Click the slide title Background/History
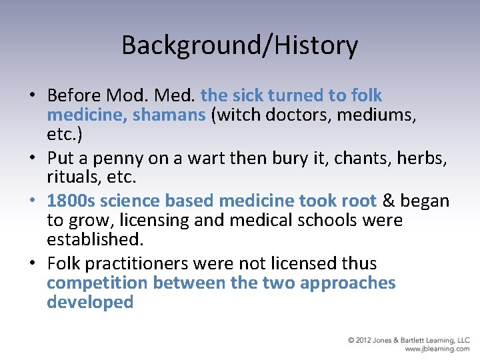(x=239, y=45)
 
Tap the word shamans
(x=169, y=115)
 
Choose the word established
(x=94, y=239)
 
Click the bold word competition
(x=97, y=283)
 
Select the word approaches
(x=348, y=283)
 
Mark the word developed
(x=90, y=301)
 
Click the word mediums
(x=377, y=115)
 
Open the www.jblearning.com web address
(x=437, y=349)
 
